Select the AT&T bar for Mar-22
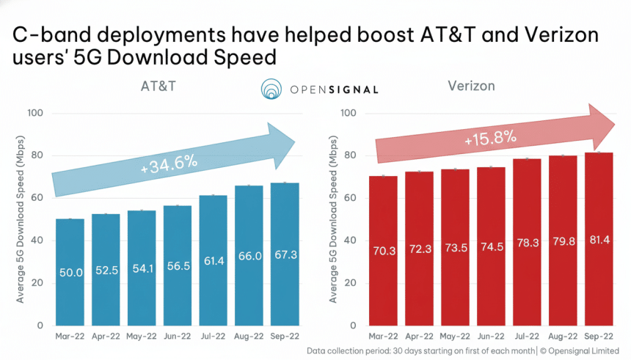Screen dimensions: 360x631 (x=70, y=271)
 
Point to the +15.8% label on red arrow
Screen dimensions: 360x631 (x=491, y=137)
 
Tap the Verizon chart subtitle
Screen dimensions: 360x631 (x=471, y=87)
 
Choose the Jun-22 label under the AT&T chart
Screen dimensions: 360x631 (x=177, y=336)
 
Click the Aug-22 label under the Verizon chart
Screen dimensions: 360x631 (x=563, y=336)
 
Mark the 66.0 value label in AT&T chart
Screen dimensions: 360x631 (x=249, y=255)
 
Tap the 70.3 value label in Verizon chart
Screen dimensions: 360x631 (x=384, y=251)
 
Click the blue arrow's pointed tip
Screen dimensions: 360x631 (x=295, y=142)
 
